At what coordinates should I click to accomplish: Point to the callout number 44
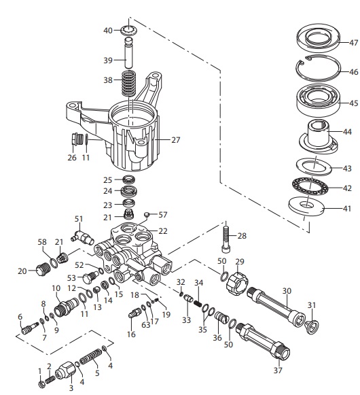[x=346, y=131]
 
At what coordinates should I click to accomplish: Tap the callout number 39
[x=108, y=61]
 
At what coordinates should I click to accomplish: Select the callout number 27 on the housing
[x=175, y=140]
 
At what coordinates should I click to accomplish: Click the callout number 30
[x=287, y=291]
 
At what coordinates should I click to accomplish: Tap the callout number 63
[x=145, y=326]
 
